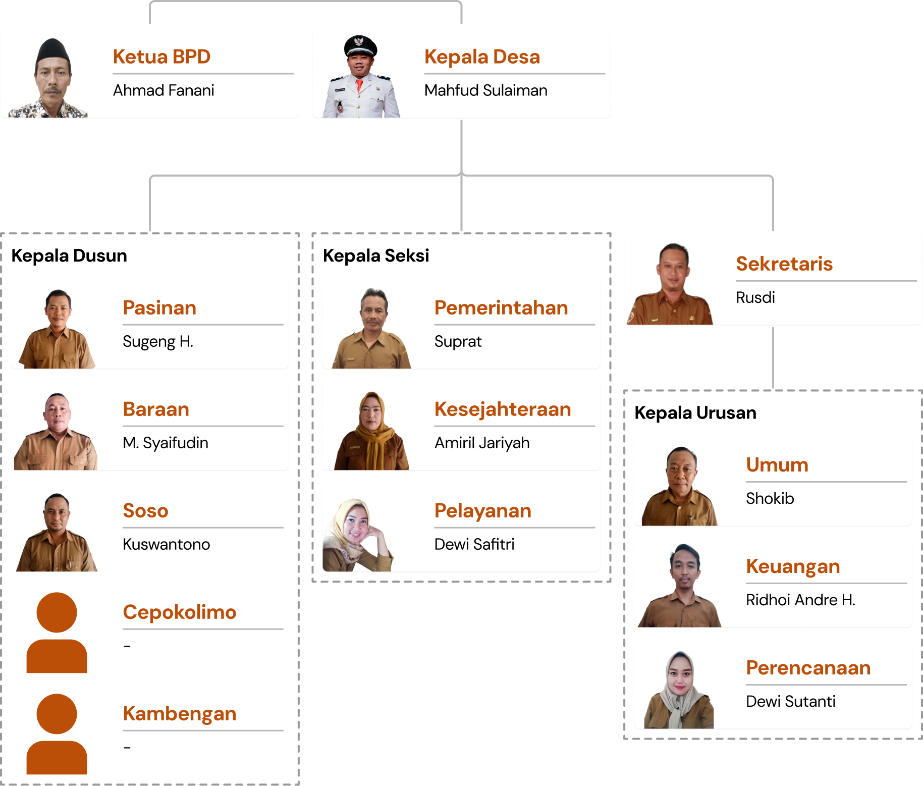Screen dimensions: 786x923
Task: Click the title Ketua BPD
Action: (161, 57)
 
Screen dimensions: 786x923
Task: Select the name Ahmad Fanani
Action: (164, 90)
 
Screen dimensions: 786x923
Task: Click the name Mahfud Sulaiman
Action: (485, 90)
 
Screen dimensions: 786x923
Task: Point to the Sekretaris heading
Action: (784, 264)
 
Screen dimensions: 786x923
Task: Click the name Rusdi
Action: (755, 297)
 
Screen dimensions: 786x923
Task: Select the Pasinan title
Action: (159, 307)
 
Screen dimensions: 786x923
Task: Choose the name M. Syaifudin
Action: (166, 443)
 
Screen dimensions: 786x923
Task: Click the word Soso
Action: (145, 510)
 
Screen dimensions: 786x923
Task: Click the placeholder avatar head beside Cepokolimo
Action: (57, 612)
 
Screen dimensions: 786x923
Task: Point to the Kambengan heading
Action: (180, 713)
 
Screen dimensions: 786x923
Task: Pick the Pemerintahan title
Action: (501, 307)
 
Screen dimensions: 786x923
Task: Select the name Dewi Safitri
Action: (474, 544)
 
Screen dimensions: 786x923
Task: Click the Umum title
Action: (777, 464)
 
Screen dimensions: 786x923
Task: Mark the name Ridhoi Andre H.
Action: (800, 600)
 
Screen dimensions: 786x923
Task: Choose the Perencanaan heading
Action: (808, 667)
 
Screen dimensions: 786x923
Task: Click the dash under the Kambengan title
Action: (127, 747)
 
